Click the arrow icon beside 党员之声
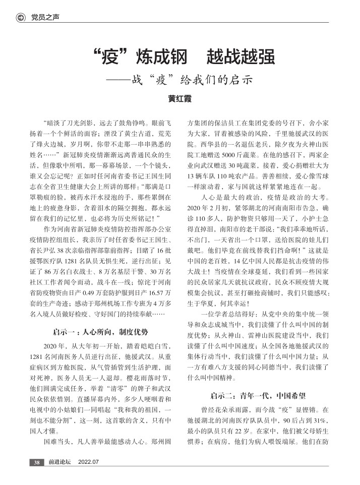tap(21, 18)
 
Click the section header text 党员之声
tap(45, 18)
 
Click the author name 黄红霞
tap(179, 99)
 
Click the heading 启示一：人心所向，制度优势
tap(100, 331)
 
